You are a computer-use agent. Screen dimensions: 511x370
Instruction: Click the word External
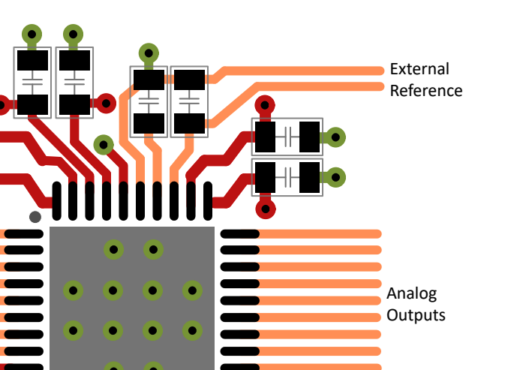419,69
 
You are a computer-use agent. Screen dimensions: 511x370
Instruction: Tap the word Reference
426,91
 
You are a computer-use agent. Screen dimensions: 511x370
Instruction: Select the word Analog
412,294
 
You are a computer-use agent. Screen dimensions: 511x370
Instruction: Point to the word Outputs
416,315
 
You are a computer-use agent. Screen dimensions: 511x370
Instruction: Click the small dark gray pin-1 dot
35,217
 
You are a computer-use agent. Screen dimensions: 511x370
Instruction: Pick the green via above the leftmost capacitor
32,34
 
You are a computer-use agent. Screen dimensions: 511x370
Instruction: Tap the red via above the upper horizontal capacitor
265,105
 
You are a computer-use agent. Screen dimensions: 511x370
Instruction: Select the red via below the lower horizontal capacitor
266,209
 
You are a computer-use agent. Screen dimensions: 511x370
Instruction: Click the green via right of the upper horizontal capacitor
335,137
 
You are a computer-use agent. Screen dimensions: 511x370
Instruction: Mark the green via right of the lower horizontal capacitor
335,177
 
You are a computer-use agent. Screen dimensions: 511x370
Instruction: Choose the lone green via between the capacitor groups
104,144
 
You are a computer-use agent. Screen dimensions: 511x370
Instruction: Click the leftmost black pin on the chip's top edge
57,201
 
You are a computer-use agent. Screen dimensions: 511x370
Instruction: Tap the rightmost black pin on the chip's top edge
208,201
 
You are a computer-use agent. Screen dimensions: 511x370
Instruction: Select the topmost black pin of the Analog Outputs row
240,233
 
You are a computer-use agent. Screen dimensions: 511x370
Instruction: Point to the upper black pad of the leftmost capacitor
32,60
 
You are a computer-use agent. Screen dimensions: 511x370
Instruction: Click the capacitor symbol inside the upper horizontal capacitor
287,137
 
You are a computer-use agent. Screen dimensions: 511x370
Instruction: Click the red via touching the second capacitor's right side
106,104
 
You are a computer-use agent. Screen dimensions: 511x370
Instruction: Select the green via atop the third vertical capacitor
149,53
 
